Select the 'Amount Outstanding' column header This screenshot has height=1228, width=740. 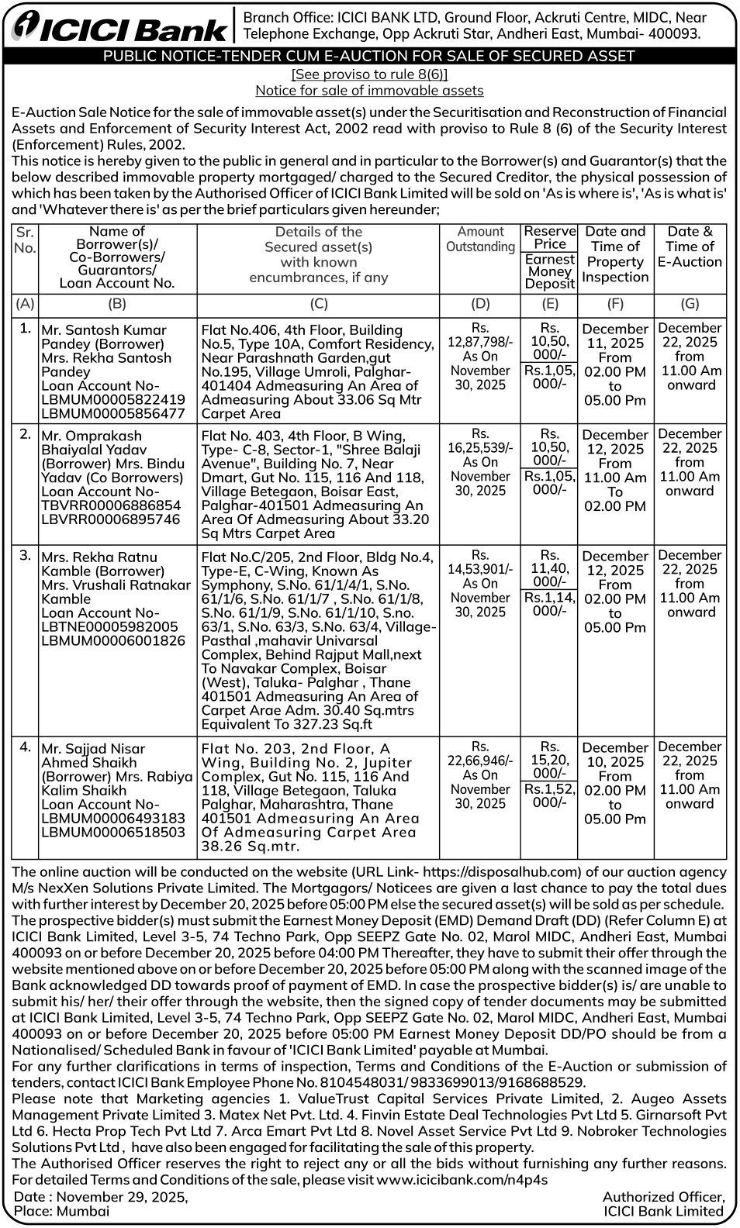480,239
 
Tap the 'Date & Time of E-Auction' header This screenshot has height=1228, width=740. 690,247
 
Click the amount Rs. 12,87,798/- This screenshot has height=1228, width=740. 480,335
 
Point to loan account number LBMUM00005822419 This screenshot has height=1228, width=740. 113,399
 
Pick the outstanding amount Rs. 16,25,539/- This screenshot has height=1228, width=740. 480,440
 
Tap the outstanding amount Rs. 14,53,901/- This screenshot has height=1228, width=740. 480,562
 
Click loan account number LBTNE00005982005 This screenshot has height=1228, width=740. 109,626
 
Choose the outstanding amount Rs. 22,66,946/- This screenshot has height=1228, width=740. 480,754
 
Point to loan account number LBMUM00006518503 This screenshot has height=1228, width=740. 113,832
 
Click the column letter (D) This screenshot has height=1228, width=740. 480,304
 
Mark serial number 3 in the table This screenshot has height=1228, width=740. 25,556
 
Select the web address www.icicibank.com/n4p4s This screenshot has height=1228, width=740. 462,1179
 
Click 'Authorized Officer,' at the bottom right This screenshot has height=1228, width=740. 663,1197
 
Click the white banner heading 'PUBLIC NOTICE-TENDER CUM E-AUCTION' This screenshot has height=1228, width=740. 369,56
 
